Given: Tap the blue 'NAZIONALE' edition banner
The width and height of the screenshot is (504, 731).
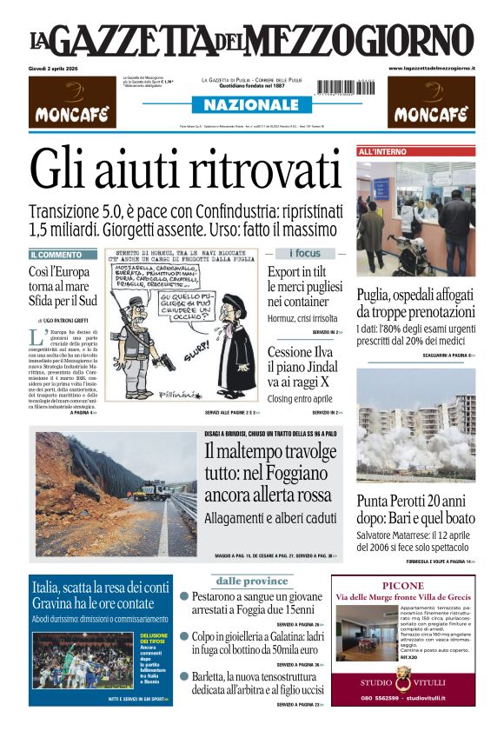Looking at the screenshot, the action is tap(250, 105).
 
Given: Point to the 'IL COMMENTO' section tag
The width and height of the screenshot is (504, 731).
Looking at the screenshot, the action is tap(57, 255).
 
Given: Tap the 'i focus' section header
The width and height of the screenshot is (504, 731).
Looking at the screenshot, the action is tap(304, 254).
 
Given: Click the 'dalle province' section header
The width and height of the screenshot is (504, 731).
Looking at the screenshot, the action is tap(251, 581).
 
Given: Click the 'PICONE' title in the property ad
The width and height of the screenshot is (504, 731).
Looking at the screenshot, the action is tap(402, 586).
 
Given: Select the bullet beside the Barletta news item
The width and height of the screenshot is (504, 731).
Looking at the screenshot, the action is tap(184, 676).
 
